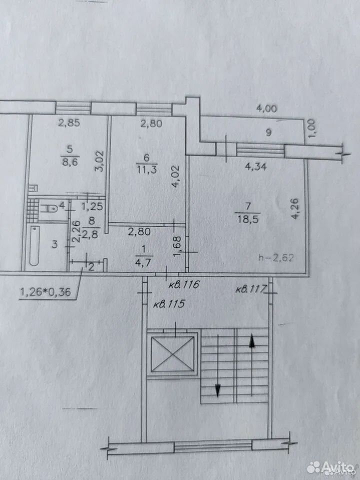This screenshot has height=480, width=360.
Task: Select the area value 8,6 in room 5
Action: coord(69,161)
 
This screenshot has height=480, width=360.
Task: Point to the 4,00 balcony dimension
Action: coord(266,108)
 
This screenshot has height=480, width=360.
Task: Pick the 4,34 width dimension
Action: coord(255,167)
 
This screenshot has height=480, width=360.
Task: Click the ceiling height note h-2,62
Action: coord(276,258)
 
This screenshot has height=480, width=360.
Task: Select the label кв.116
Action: coord(184,284)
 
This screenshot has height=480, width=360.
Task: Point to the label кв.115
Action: coord(168,304)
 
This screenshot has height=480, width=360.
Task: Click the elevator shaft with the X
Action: coord(172,354)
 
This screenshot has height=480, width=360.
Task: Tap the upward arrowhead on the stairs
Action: coord(252,341)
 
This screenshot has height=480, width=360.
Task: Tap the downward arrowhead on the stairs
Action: coord(217,390)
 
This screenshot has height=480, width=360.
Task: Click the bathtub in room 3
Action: coord(34,245)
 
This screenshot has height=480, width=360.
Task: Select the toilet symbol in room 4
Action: coord(49,209)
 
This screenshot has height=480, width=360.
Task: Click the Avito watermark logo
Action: coord(330,467)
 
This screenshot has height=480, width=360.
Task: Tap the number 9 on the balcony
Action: coord(268,132)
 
